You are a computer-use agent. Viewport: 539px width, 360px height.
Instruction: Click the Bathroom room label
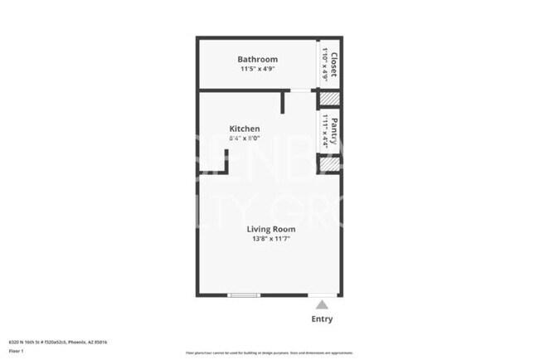pos(257,60)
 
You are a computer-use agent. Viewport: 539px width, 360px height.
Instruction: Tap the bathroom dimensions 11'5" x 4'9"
pos(257,70)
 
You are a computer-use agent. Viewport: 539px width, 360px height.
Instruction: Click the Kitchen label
pos(245,129)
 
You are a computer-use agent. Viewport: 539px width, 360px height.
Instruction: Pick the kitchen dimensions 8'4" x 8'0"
pos(245,139)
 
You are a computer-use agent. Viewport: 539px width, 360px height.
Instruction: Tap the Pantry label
pos(333,131)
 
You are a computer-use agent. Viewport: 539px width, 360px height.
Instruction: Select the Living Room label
pos(269,228)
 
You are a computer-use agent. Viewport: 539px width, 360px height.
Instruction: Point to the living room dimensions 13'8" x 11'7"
pos(269,239)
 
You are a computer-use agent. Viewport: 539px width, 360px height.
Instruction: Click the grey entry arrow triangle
pos(322,305)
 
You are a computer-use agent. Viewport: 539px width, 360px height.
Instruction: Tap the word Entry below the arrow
pos(322,319)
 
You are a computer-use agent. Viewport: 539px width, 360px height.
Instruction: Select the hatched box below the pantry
pos(330,164)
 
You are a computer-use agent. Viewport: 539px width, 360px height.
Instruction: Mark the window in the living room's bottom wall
pos(243,295)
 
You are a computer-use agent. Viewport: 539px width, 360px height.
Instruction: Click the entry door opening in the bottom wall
pos(323,295)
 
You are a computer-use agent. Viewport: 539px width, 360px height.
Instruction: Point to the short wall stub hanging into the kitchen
pos(284,102)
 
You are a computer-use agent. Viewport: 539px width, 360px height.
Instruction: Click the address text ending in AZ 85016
pos(57,342)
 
